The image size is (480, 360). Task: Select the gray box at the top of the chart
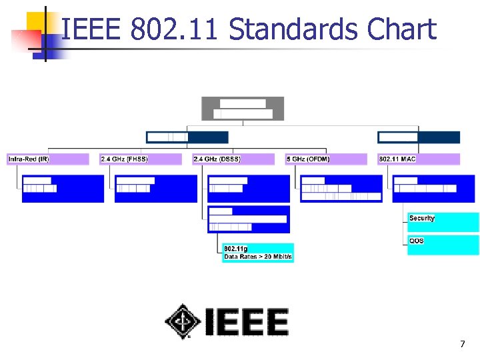tap(243, 108)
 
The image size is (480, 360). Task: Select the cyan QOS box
tap(443, 245)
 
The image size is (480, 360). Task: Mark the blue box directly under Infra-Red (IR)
tap(63, 188)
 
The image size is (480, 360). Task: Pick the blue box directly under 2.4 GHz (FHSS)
tap(156, 188)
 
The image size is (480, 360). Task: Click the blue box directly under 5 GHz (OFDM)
tap(341, 188)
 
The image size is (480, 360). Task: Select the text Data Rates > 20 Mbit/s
tap(259, 257)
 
